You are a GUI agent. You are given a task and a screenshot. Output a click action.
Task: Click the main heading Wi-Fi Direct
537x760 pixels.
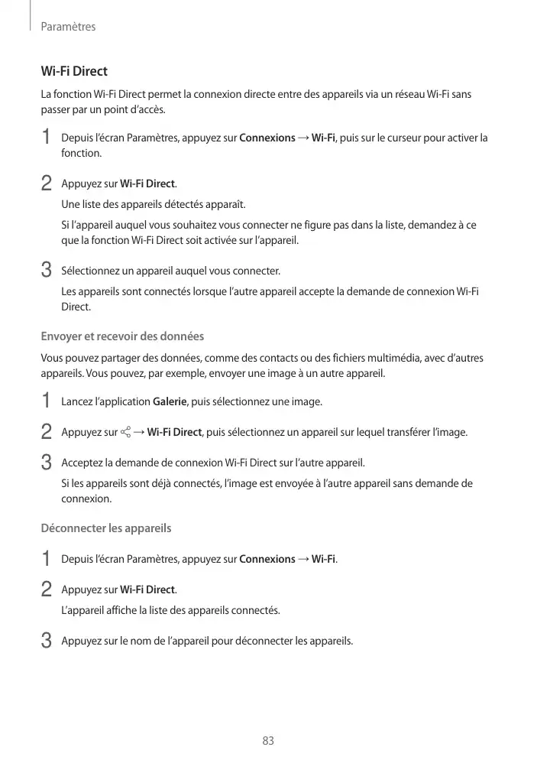pos(74,72)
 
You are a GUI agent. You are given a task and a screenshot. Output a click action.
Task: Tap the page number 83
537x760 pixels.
pos(268,741)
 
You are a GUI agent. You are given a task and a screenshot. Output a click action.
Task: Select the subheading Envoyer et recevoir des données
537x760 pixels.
pos(122,336)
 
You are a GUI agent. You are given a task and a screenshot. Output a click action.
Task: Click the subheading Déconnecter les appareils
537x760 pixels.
pos(105,528)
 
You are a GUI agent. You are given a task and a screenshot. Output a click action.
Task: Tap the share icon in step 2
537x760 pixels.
pos(125,433)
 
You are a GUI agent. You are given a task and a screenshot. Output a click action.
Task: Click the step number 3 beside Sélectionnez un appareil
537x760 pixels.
pos(46,271)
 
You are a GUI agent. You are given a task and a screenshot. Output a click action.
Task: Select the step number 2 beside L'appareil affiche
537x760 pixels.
pos(46,589)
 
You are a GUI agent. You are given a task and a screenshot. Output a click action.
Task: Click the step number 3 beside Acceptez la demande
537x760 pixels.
pos(46,463)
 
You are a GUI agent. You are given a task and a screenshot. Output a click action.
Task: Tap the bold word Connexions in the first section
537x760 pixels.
pos(267,138)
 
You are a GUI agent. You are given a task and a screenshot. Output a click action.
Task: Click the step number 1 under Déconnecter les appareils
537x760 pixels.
pos(46,559)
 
